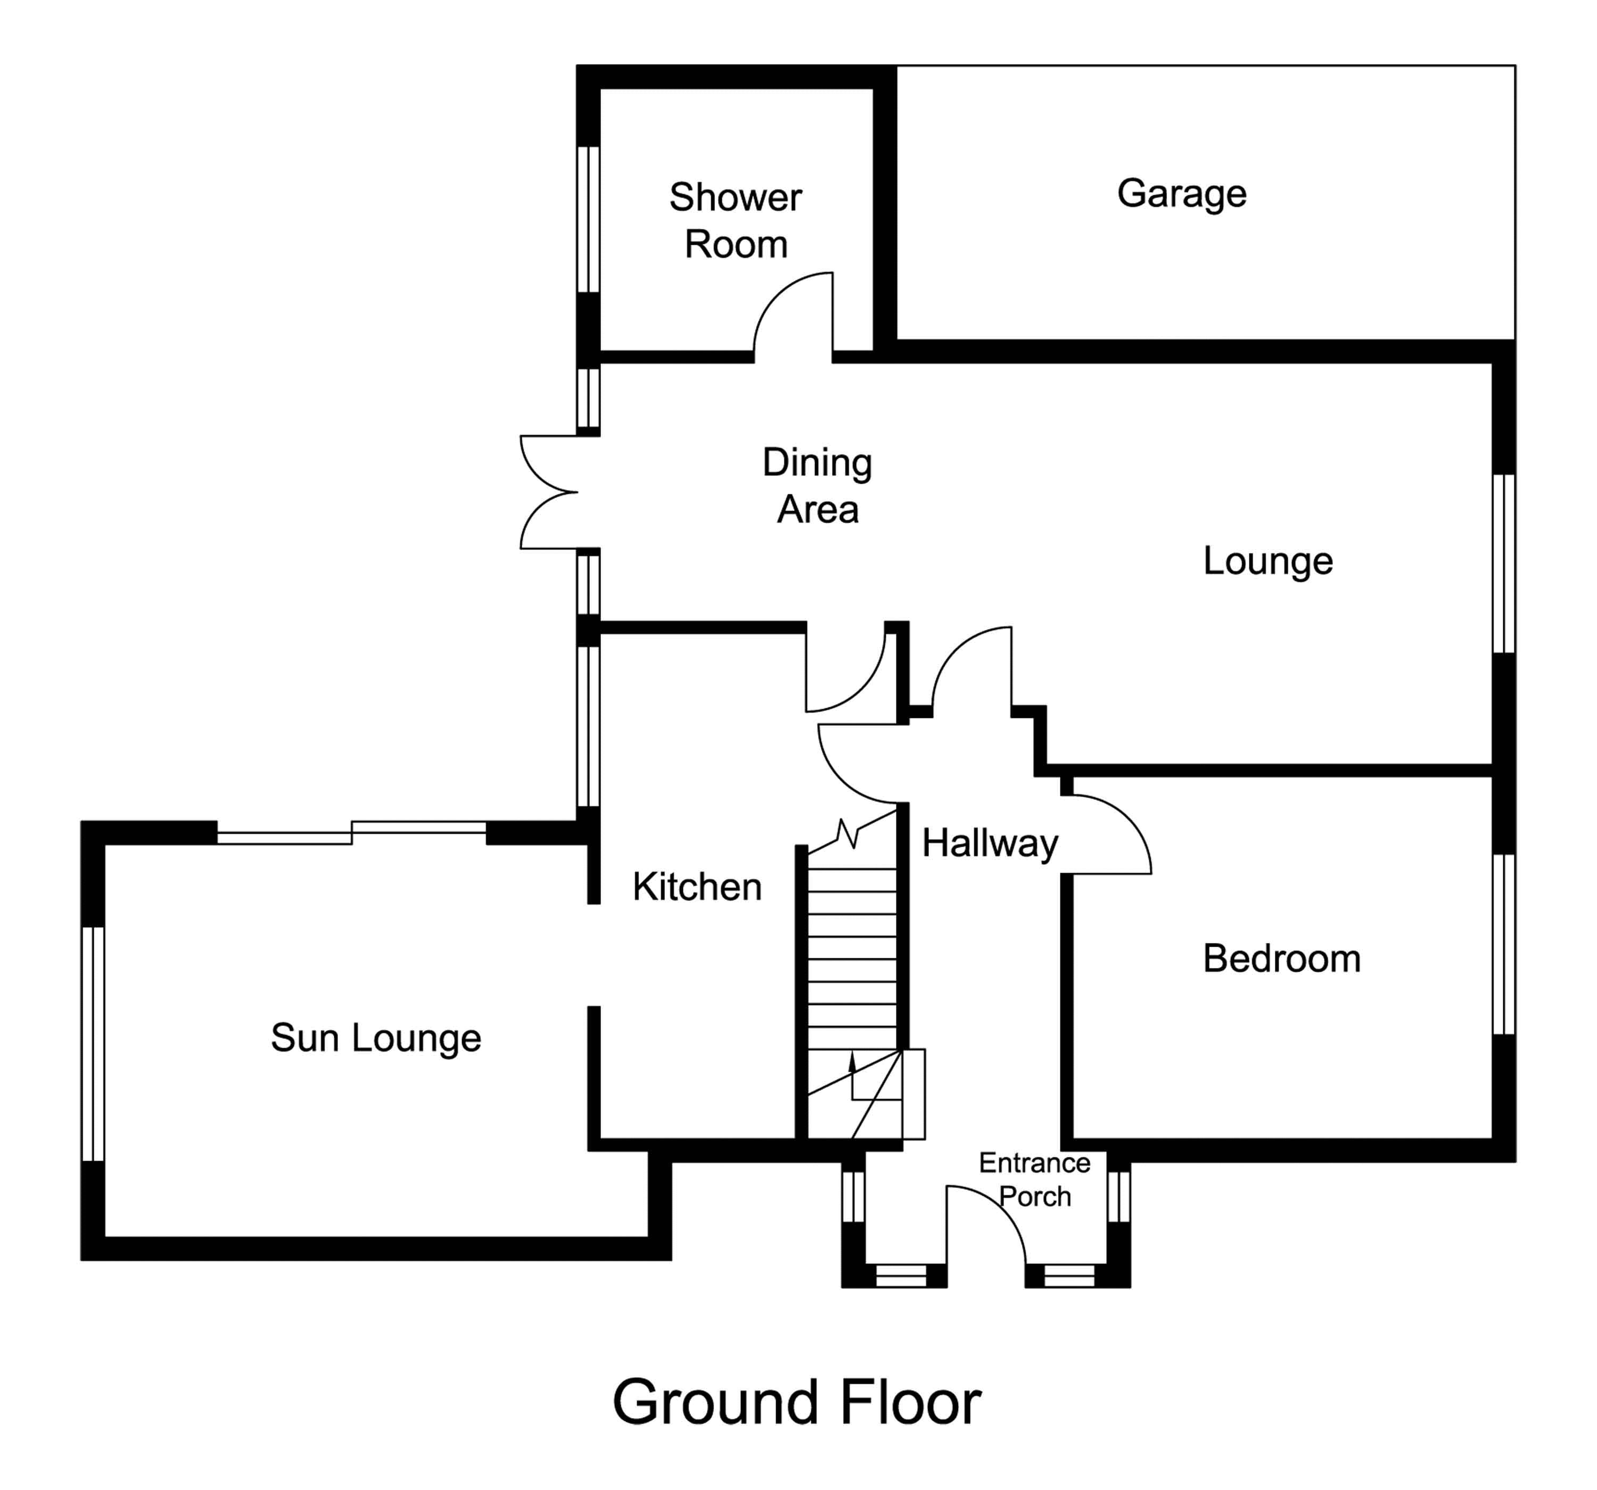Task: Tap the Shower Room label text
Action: point(735,221)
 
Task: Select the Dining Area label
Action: point(817,486)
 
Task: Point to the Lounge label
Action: point(1267,561)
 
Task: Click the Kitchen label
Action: point(696,887)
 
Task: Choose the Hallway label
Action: point(989,843)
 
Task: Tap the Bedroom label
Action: point(1281,959)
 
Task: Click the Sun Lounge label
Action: point(376,1038)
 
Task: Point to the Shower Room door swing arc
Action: point(791,309)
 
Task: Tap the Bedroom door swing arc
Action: point(1113,831)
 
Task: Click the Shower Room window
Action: point(589,219)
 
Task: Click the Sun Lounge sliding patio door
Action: point(352,833)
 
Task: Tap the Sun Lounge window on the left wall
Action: point(93,1044)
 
